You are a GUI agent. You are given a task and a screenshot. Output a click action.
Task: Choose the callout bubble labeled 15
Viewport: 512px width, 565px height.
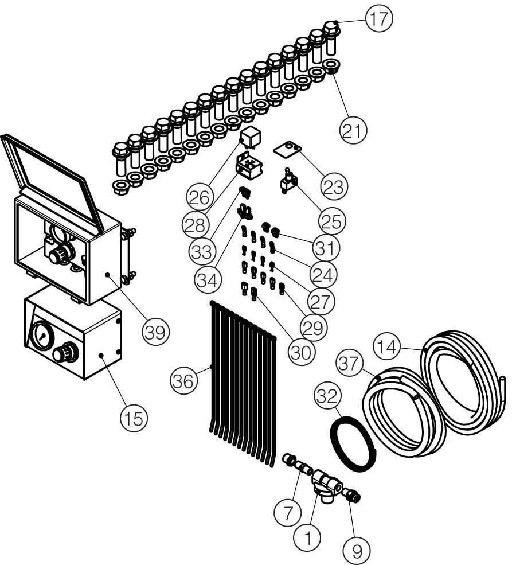[x=133, y=418]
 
